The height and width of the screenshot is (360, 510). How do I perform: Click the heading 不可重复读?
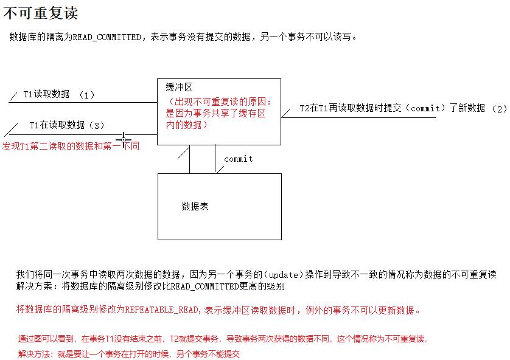[40, 13]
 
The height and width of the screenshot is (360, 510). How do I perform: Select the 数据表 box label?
[195, 206]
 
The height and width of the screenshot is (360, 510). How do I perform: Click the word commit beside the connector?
[238, 159]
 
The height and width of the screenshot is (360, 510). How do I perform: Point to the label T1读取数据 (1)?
[58, 94]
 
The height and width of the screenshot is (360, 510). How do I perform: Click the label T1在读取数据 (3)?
[67, 125]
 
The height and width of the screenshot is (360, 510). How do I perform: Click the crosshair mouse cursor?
[124, 140]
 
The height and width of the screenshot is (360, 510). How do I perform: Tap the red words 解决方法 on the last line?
[37, 353]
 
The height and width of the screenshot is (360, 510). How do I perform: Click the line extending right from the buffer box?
[359, 118]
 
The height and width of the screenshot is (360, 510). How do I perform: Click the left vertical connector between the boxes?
[190, 159]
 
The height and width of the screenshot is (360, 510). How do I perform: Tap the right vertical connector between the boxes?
[215, 159]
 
